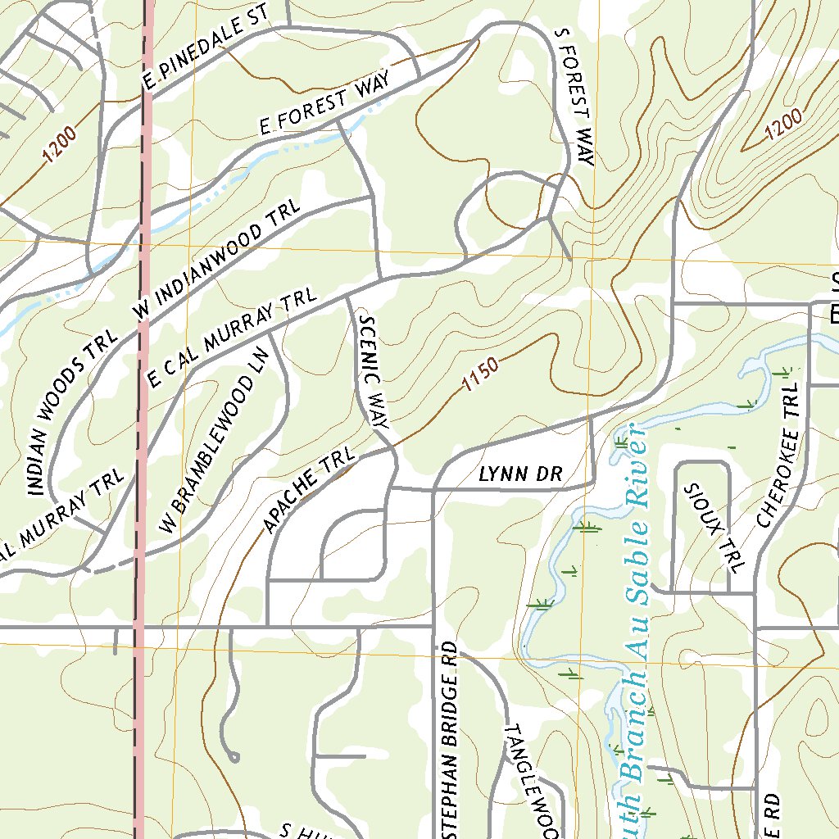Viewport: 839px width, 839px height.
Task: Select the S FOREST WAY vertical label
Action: click(573, 97)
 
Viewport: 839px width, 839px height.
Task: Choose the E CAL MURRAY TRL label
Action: click(229, 337)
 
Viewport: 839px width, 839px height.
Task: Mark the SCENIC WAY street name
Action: click(372, 374)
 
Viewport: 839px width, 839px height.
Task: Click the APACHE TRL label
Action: click(309, 490)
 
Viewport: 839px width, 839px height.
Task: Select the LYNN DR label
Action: click(518, 474)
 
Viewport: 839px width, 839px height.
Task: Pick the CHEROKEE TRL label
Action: click(778, 458)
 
